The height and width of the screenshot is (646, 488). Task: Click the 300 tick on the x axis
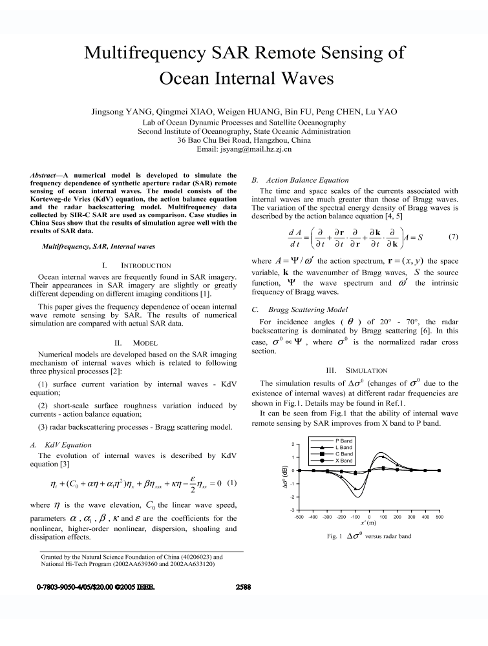[x=411, y=517]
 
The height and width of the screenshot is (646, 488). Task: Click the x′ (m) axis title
[x=368, y=524]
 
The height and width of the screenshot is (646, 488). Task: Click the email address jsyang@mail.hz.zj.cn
[x=244, y=149]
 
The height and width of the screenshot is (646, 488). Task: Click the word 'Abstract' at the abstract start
[x=47, y=175]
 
